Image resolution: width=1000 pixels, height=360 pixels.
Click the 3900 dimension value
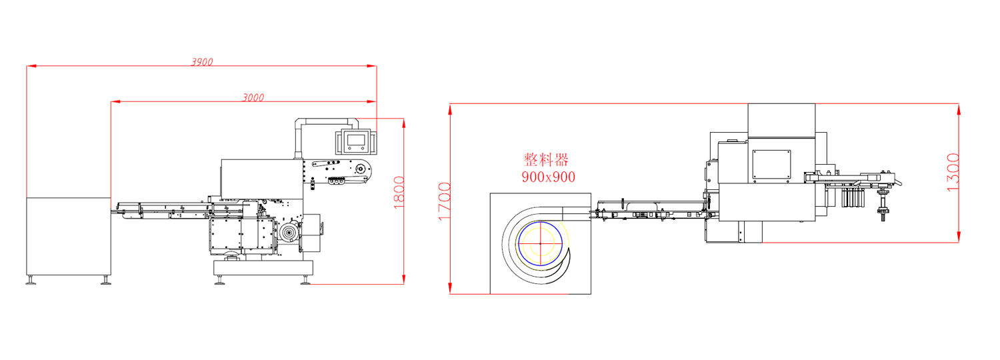coord(202,61)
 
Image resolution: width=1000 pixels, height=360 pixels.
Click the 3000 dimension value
coord(253,97)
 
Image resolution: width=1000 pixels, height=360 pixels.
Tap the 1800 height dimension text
coord(399,193)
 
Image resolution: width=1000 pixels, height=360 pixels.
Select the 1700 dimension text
coord(445,201)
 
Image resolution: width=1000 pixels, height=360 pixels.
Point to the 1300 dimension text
coord(952,173)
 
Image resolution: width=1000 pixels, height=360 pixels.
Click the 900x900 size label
coord(548,177)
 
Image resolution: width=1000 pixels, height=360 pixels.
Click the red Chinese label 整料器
coord(546,159)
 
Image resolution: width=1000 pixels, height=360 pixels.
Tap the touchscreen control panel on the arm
coord(356,141)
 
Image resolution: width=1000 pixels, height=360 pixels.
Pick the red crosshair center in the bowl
coord(540,243)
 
